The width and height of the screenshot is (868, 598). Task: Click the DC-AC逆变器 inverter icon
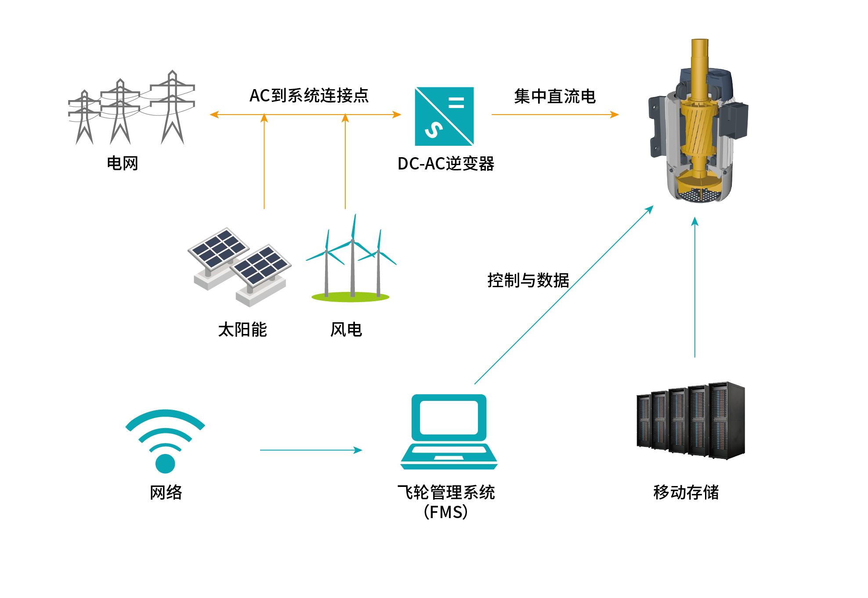444,116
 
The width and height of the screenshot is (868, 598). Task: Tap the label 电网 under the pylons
123,163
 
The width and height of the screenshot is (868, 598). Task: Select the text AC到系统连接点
309,96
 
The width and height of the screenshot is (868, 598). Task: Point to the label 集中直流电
555,97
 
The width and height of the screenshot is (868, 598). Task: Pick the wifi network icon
165,441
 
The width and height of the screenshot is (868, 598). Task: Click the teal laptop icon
449,432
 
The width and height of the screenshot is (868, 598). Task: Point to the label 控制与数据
528,280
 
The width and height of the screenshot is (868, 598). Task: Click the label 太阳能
242,330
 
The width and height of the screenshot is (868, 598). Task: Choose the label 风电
346,330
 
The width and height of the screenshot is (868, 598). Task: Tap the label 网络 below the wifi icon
166,492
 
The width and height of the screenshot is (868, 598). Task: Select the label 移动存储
686,492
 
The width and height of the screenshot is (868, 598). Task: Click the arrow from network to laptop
311,450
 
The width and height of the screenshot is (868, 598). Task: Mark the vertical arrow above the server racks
694,288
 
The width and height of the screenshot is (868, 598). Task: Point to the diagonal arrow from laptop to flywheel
564,295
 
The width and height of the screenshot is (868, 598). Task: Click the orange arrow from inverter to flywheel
555,115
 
